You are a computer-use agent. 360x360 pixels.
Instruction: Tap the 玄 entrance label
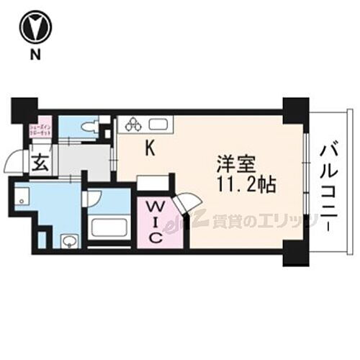[x=39, y=161]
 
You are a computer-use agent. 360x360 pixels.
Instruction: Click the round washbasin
[x=69, y=241]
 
